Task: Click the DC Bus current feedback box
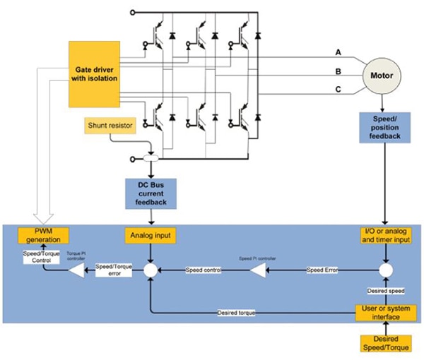click(x=151, y=194)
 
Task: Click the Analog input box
click(x=151, y=234)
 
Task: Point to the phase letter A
click(x=338, y=53)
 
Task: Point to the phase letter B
click(x=338, y=71)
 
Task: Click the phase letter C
click(x=338, y=89)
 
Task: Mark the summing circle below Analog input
click(x=151, y=270)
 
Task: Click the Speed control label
click(x=204, y=270)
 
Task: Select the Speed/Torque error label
click(x=113, y=270)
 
